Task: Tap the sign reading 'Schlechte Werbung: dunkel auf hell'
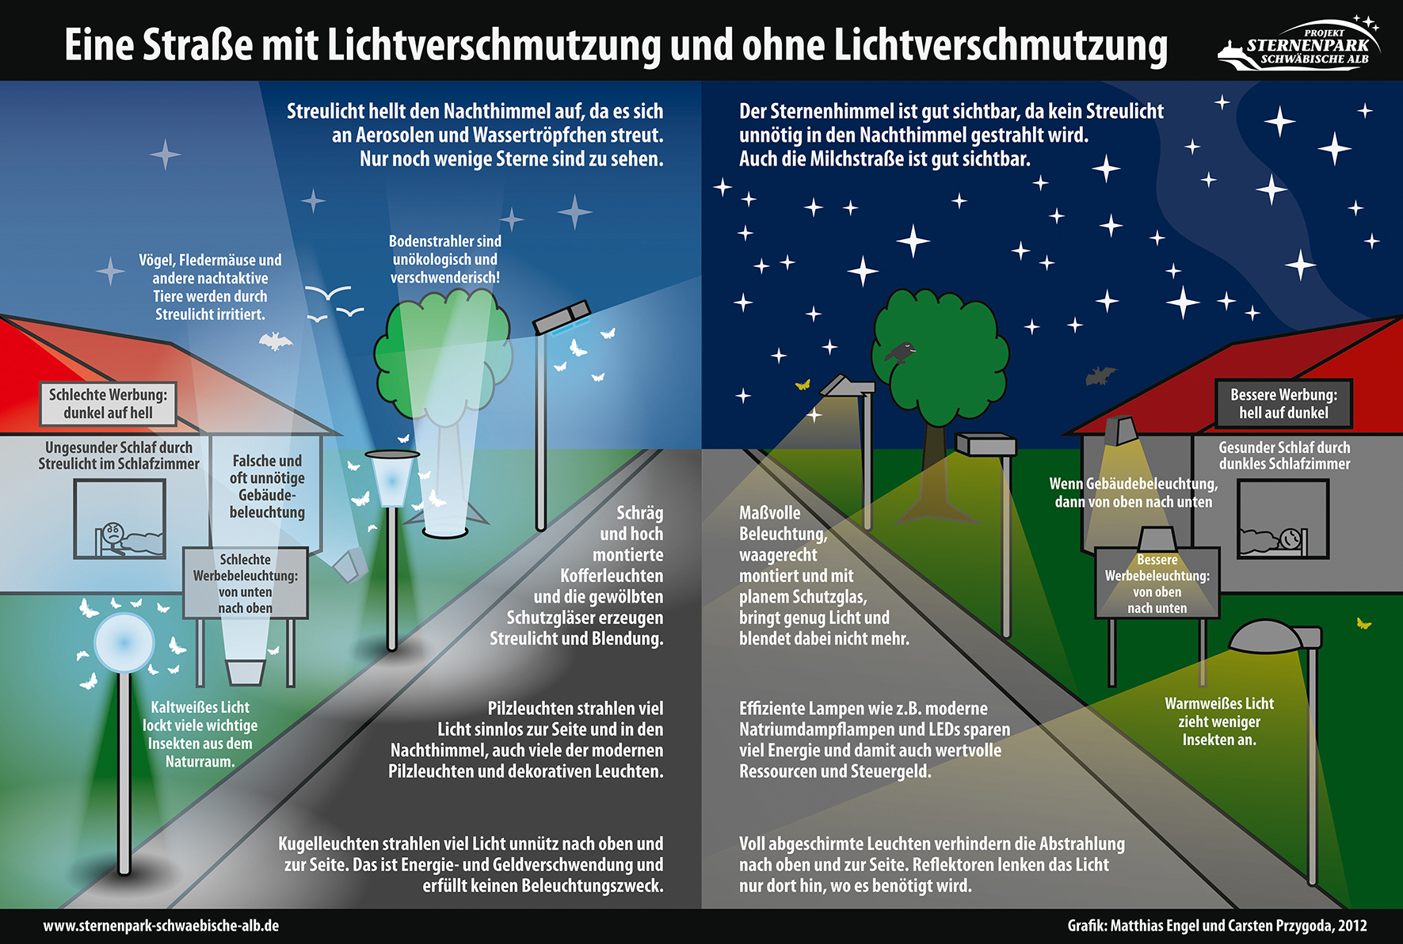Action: click(109, 404)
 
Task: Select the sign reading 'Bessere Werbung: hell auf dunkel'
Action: click(1283, 404)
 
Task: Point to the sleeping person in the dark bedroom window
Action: click(1274, 540)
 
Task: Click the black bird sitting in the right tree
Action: click(901, 352)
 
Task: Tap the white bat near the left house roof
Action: click(275, 341)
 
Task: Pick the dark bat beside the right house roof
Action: click(1100, 375)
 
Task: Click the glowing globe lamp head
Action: click(124, 642)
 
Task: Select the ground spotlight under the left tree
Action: click(445, 527)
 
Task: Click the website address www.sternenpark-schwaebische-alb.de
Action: click(161, 926)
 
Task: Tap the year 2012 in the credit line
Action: click(1352, 926)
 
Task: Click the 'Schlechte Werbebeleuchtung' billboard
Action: click(246, 583)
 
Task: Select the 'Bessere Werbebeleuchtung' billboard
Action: click(1157, 583)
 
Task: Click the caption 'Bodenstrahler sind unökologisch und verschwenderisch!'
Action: click(445, 259)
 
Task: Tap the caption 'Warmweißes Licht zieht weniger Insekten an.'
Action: click(1219, 721)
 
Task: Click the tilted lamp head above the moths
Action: click(562, 317)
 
